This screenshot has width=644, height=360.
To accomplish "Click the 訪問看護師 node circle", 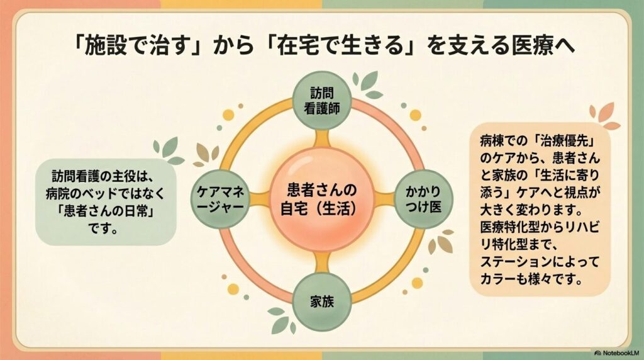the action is [322, 101].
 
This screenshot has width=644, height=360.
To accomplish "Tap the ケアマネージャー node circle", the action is [221, 200].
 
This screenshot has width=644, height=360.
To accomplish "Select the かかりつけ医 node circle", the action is [423, 200].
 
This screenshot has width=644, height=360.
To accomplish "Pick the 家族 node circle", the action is [322, 301].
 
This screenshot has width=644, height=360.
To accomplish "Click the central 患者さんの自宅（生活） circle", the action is [322, 200].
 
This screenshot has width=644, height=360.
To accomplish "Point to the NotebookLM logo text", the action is [617, 353].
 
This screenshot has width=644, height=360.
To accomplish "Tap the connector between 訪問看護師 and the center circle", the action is [322, 140].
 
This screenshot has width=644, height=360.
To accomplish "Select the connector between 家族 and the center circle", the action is [322, 261].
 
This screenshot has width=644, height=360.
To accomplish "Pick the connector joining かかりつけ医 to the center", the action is [384, 200].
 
